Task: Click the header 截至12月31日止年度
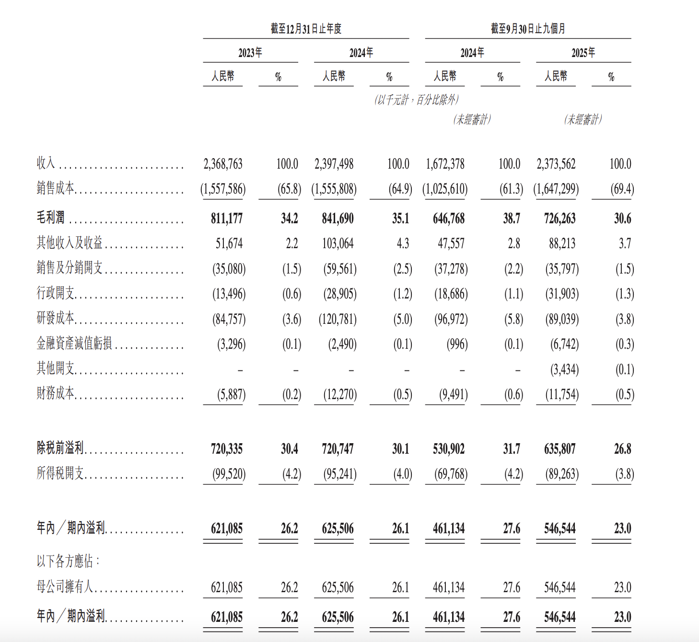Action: pos(306,29)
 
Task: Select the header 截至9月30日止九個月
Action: pos(528,29)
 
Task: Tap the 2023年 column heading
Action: pos(250,53)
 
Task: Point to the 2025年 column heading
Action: pos(583,53)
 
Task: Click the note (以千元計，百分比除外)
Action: pos(417,100)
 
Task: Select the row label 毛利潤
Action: pos(51,218)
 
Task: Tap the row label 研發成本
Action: pos(56,318)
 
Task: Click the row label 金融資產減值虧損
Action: pos(74,343)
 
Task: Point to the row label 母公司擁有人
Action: pos(65,586)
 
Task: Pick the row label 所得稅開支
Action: pos(60,473)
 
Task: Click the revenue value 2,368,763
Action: pos(223,164)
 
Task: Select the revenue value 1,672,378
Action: pos(445,164)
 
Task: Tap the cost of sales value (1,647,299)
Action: pos(556,189)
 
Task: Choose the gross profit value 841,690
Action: pos(338,218)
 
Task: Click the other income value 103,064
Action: pos(338,244)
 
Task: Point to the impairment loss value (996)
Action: pos(456,344)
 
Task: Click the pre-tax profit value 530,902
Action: pos(449,449)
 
